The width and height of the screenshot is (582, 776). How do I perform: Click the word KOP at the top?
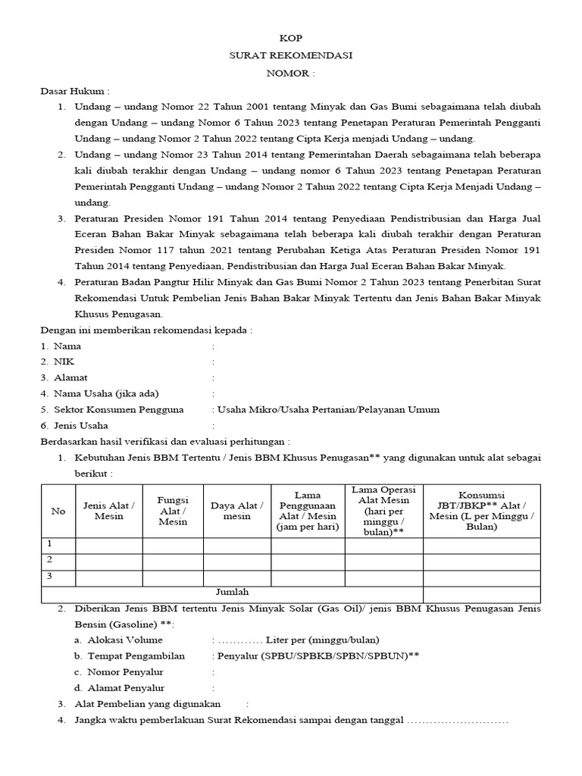[290, 39]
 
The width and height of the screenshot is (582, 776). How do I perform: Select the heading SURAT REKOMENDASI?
[290, 56]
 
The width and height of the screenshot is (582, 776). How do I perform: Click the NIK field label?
[64, 361]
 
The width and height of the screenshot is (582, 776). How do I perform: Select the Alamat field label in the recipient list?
[70, 377]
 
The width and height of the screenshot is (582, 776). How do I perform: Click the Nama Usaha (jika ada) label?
[106, 393]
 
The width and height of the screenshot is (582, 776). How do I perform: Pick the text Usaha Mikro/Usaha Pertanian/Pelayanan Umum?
[329, 409]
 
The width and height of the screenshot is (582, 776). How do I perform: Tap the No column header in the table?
[58, 511]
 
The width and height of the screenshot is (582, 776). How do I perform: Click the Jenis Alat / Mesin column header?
[109, 511]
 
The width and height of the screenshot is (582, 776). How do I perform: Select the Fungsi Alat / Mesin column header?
[173, 511]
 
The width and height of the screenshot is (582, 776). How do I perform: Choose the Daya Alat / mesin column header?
[236, 511]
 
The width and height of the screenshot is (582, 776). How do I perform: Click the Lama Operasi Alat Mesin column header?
[383, 511]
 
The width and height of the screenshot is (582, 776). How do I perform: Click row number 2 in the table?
[50, 561]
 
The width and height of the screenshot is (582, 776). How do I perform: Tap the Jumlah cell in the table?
[233, 592]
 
